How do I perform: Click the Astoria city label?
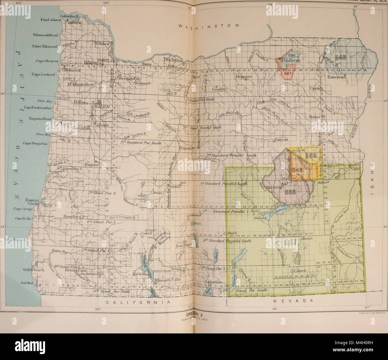(74, 22)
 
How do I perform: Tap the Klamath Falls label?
(167, 280)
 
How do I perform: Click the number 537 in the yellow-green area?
(287, 243)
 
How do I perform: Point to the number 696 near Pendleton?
(292, 55)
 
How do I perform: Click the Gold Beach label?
(34, 269)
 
